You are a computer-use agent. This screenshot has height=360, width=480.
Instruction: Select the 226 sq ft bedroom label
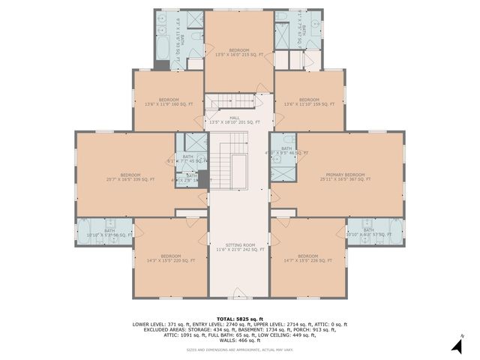308,258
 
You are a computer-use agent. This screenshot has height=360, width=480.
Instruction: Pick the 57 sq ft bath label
369,232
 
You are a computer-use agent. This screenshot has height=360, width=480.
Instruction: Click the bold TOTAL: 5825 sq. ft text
239,318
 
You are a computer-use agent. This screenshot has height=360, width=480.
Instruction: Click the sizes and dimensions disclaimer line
239,349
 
